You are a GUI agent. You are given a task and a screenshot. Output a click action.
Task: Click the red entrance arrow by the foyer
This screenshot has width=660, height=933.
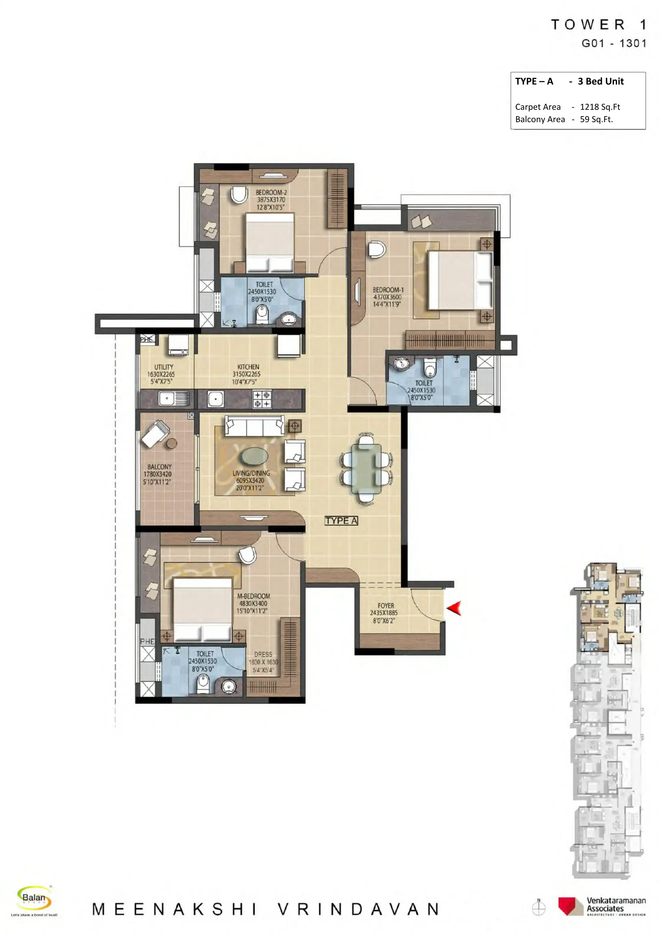455,608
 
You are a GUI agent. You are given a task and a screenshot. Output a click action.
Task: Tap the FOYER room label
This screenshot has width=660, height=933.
386,606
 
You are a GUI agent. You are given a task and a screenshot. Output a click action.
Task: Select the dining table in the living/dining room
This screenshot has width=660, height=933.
366,469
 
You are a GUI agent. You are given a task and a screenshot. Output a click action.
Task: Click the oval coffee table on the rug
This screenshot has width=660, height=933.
255,456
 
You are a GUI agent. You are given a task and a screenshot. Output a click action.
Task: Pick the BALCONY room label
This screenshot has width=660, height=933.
159,467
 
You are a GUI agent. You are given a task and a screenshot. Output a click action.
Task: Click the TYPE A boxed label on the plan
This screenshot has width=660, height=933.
341,521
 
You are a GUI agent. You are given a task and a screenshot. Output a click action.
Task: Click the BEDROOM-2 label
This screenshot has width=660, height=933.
271,192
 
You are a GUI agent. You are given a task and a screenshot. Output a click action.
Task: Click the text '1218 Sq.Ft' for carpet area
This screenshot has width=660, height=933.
600,107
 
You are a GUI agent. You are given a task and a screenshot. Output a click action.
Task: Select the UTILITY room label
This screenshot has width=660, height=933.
164,367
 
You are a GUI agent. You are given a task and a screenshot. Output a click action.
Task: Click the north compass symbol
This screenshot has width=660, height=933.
539,907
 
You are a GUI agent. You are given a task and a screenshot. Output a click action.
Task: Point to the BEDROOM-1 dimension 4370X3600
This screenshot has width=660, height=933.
387,297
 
